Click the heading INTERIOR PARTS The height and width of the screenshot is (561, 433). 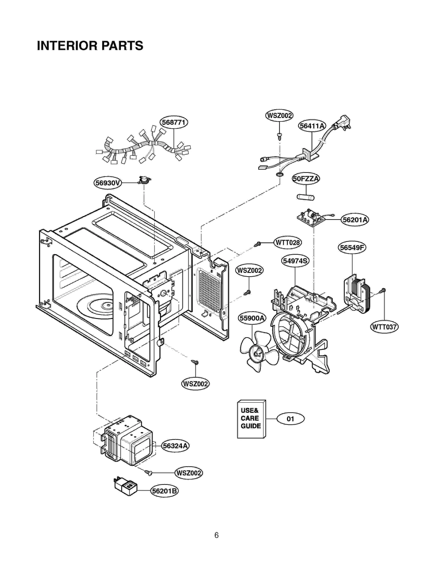point(90,45)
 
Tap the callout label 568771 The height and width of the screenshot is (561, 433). point(173,122)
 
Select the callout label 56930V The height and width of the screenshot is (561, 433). point(107,183)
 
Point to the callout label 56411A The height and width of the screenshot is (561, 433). point(312,126)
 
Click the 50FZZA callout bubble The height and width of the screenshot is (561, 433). point(306,179)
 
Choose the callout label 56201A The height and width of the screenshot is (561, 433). point(355,219)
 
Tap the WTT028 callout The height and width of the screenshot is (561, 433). point(287,242)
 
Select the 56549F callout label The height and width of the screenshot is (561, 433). point(352,247)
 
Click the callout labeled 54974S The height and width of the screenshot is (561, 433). point(295,261)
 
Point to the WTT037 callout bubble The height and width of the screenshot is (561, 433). point(384,327)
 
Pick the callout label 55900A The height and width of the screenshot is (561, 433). point(252,318)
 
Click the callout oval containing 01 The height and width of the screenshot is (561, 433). point(290,419)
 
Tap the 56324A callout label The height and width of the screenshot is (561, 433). point(175,446)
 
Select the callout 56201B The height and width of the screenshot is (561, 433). point(164,491)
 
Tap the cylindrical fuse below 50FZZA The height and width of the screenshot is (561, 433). point(306,197)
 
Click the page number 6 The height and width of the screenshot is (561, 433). point(216,535)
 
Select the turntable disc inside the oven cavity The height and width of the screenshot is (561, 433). point(97,307)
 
